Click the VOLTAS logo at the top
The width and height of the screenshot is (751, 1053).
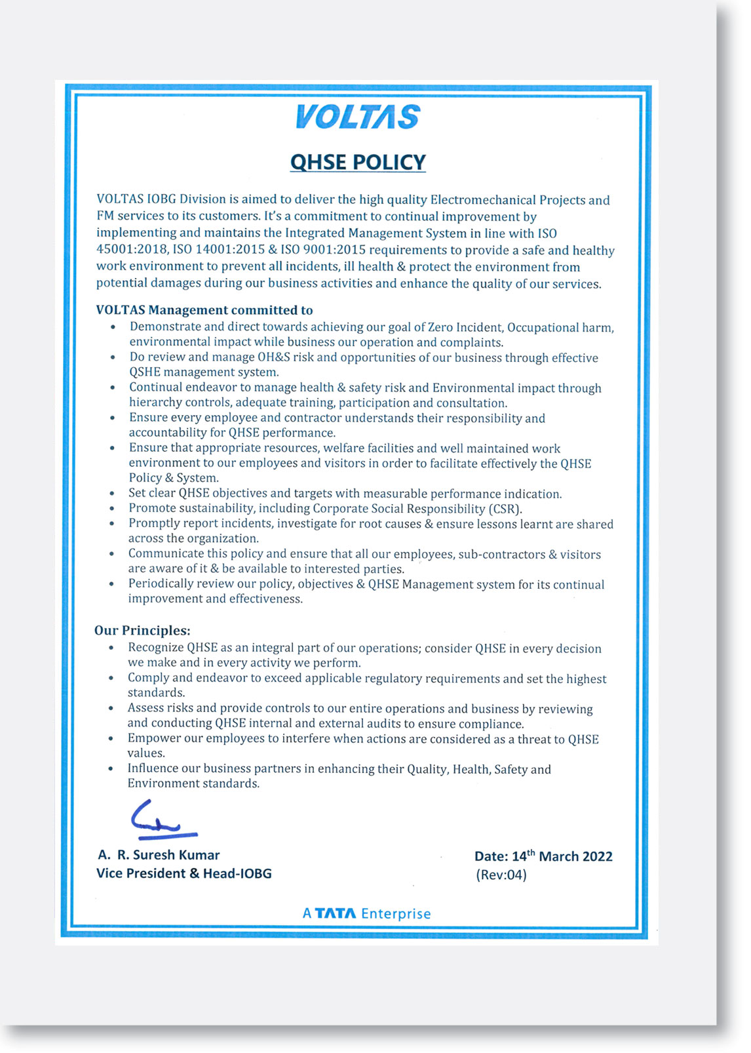[x=357, y=117]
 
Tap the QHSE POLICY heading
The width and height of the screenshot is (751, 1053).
[x=358, y=162]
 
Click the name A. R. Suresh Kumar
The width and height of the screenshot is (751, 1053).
[x=159, y=855]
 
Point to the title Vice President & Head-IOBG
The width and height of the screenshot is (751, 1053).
[x=183, y=873]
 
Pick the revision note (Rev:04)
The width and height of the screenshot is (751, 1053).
[x=501, y=875]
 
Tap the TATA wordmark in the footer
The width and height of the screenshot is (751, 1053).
[x=336, y=913]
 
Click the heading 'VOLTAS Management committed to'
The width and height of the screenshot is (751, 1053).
[x=204, y=310]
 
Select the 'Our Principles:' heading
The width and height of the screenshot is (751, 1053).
[x=142, y=631]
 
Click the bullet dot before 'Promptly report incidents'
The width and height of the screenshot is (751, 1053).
[x=113, y=524]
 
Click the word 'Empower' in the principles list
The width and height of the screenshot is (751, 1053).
[x=152, y=739]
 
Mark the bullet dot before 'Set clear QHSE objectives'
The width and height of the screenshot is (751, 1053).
[x=113, y=494]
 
